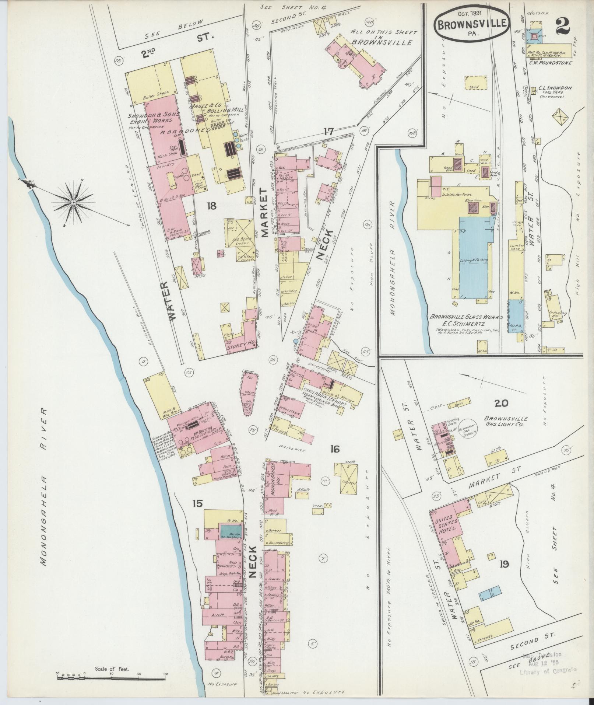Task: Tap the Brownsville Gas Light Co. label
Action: pyautogui.click(x=505, y=422)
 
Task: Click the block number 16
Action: pyautogui.click(x=335, y=449)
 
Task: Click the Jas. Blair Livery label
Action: pyautogui.click(x=241, y=240)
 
